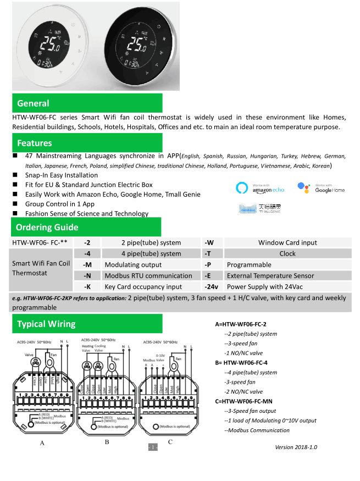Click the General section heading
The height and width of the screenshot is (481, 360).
point(33,103)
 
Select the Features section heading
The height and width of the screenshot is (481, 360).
point(35,143)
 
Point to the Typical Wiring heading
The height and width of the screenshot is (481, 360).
point(46,324)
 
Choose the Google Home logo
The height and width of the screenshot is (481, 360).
point(322,189)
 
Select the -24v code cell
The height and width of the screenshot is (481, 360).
point(212,287)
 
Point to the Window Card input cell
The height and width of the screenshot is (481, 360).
point(287,242)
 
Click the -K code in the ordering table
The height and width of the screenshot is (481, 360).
point(87,287)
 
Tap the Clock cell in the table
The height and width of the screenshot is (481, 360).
point(287,253)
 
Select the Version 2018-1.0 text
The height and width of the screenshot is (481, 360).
point(296,447)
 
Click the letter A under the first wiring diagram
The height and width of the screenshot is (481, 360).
point(42,443)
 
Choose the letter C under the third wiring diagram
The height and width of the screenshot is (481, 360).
point(170,442)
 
